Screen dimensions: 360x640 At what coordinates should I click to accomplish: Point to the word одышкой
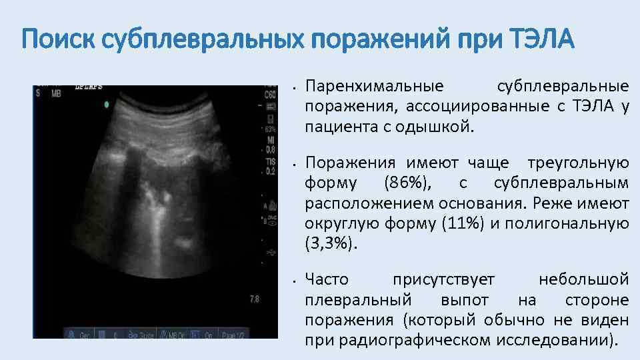[x=442, y=126]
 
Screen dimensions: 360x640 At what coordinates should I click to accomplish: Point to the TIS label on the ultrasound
[x=269, y=162]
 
